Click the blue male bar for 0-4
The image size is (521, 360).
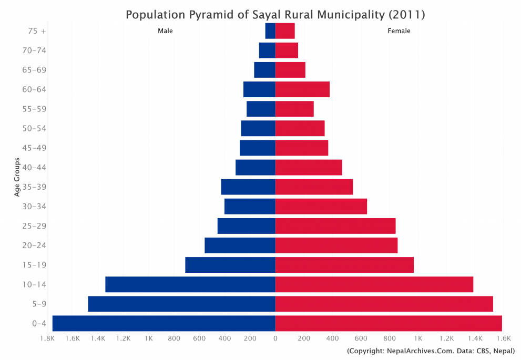click(164, 323)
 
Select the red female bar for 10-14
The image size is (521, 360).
click(374, 284)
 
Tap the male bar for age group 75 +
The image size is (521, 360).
click(270, 31)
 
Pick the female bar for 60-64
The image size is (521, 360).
click(302, 89)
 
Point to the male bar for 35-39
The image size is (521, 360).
click(248, 187)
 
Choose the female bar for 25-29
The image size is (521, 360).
click(335, 226)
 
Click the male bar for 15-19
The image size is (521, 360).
click(230, 265)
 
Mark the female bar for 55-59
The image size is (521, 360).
click(294, 109)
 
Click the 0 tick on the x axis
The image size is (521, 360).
click(275, 340)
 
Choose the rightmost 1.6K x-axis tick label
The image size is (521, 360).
click(503, 340)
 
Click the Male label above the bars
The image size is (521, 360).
click(165, 31)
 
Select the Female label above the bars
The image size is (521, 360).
click(399, 31)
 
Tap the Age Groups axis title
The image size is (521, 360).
click(17, 177)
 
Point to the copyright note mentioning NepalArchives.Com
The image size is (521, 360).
click(431, 351)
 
